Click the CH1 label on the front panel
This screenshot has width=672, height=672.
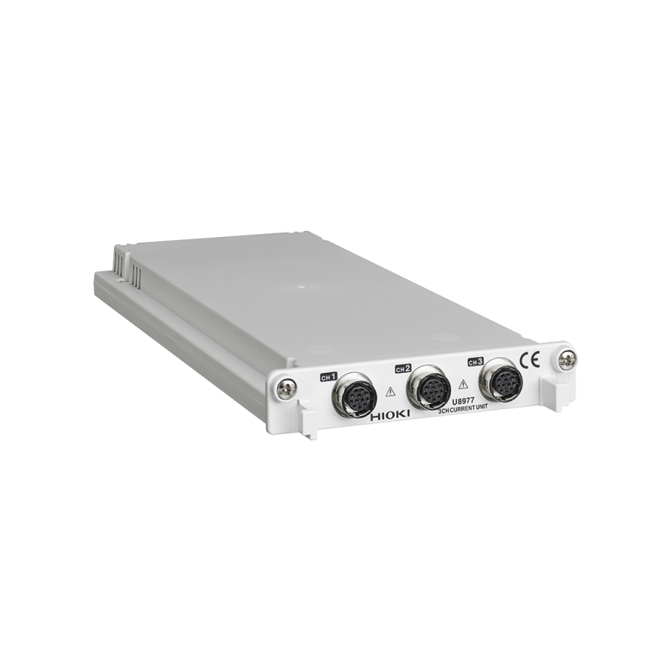pos(329,376)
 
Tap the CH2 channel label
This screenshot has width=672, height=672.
pos(403,369)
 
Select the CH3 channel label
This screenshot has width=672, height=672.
pos(475,362)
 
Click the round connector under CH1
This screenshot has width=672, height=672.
pos(354,396)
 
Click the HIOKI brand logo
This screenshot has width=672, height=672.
pos(391,415)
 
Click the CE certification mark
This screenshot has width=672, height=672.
pos(530,360)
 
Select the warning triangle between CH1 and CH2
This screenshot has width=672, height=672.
pos(391,391)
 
